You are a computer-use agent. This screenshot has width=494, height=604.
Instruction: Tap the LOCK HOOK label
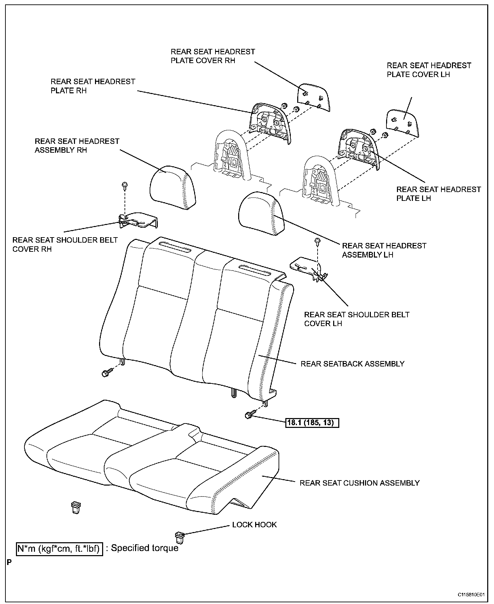click(254, 525)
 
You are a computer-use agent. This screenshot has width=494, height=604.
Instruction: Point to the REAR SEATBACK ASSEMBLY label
click(353, 364)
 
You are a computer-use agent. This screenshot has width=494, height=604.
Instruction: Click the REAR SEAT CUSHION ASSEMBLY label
click(360, 483)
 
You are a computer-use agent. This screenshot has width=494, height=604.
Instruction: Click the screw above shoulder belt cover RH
click(125, 185)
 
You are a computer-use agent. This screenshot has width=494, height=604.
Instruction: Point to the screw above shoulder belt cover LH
click(318, 241)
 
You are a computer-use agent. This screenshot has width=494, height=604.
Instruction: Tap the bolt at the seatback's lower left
click(105, 373)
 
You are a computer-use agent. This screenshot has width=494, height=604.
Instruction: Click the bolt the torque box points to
click(248, 415)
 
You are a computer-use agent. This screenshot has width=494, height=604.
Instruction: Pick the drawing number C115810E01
click(471, 595)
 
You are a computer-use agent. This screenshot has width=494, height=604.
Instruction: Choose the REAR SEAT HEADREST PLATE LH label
click(438, 194)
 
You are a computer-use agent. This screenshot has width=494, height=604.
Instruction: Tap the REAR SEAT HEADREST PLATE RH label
click(93, 86)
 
